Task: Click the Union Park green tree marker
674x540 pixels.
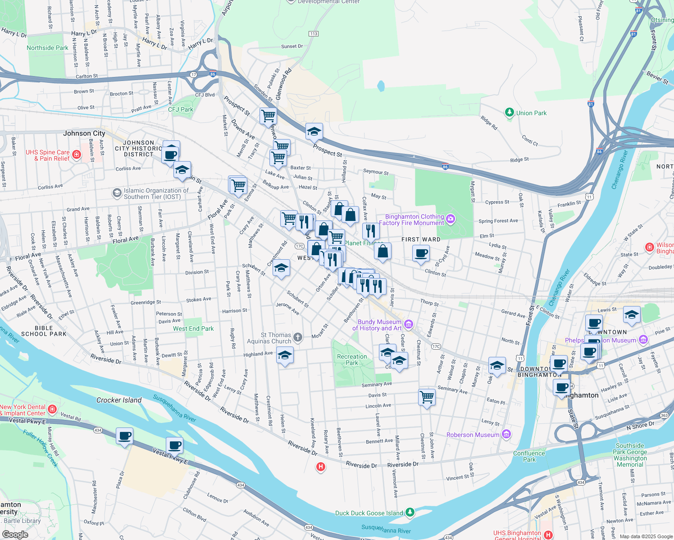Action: (x=510, y=112)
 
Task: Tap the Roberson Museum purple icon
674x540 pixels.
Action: (x=506, y=434)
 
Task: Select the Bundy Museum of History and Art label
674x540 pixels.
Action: (x=377, y=325)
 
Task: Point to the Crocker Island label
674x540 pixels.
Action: (x=119, y=400)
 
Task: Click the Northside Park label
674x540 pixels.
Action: (x=47, y=48)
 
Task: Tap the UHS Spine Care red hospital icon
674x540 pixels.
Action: (x=77, y=155)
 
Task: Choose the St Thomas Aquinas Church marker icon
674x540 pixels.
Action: (x=298, y=337)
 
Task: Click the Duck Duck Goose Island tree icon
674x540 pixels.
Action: (x=410, y=512)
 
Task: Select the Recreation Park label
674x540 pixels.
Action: (x=352, y=360)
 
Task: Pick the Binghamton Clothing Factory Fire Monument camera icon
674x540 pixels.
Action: (x=451, y=219)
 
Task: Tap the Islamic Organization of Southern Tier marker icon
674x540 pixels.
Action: (x=117, y=193)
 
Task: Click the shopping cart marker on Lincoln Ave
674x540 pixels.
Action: (x=427, y=397)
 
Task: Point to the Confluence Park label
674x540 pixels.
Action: (x=529, y=456)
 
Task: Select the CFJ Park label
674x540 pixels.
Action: (x=180, y=109)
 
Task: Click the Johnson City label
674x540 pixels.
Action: (x=84, y=133)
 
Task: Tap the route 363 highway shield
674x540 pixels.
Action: (x=664, y=415)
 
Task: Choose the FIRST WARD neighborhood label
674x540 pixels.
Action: (x=421, y=239)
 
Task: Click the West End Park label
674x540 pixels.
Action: (x=193, y=328)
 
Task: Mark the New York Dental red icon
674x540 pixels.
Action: (x=52, y=409)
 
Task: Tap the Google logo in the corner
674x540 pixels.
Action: (x=15, y=534)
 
